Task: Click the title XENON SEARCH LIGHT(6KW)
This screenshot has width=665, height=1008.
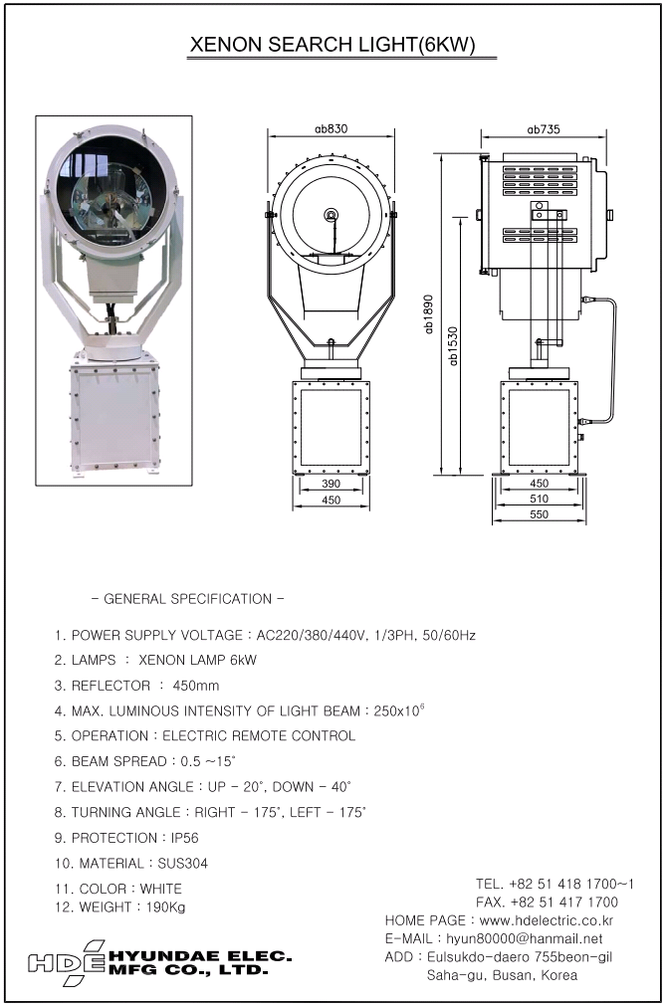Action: pyautogui.click(x=332, y=46)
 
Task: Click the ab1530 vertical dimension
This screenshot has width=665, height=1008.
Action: pyautogui.click(x=454, y=344)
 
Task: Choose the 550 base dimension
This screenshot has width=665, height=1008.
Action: pyautogui.click(x=539, y=515)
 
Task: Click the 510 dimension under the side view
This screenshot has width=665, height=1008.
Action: pyautogui.click(x=539, y=500)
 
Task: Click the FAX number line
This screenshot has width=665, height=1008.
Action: pyautogui.click(x=548, y=902)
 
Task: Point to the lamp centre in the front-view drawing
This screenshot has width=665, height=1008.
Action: pyautogui.click(x=331, y=214)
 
